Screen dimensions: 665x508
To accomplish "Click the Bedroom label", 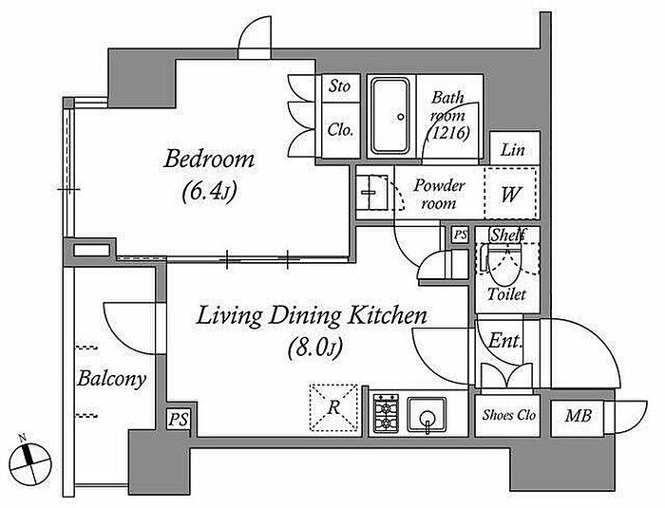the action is pyautogui.click(x=209, y=159).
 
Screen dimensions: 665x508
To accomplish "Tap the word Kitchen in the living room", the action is pyautogui.click(x=388, y=315).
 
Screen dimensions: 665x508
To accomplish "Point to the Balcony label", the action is pyautogui.click(x=111, y=379).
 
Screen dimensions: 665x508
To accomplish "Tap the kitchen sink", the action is pyautogui.click(x=427, y=414).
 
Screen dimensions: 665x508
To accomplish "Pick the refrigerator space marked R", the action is pyautogui.click(x=333, y=407).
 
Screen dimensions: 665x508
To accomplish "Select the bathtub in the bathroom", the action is pyautogui.click(x=390, y=116).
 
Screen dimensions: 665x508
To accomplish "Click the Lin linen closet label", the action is pyautogui.click(x=513, y=150).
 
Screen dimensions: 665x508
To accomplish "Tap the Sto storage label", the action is pyautogui.click(x=340, y=86).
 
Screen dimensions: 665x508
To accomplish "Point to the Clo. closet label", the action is pyautogui.click(x=340, y=130).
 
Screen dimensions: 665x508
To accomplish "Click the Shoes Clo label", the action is pyautogui.click(x=508, y=415).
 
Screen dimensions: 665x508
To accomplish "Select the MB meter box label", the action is pyautogui.click(x=578, y=416).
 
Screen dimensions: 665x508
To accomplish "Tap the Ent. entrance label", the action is pyautogui.click(x=504, y=341).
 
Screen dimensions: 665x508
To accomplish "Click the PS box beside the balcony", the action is pyautogui.click(x=179, y=420).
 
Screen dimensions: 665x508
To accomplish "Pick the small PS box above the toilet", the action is pyautogui.click(x=460, y=235).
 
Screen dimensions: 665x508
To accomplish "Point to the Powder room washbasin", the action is pyautogui.click(x=372, y=192).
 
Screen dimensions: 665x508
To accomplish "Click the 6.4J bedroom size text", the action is pyautogui.click(x=209, y=192).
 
